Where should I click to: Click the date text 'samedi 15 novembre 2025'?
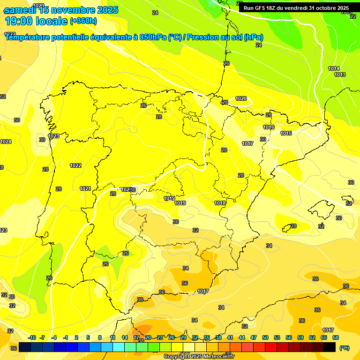point(61,10)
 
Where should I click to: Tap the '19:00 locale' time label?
point(36,21)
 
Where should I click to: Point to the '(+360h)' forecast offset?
point(83,21)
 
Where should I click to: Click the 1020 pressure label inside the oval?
point(241,99)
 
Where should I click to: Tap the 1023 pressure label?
point(53,136)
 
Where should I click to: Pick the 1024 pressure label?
point(6,142)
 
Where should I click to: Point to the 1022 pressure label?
point(75,165)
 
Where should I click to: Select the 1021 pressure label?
point(85,189)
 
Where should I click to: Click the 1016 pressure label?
point(269,127)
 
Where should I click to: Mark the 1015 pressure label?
point(286,134)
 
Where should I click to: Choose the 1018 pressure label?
point(220,203)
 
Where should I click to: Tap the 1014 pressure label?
point(334,69)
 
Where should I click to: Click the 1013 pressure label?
point(340,75)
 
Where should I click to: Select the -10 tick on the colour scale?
point(32,338)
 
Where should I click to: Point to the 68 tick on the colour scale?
point(336,338)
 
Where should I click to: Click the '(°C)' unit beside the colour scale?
point(344,348)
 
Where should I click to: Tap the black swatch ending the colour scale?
point(330,347)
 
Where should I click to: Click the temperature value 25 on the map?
point(143,105)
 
